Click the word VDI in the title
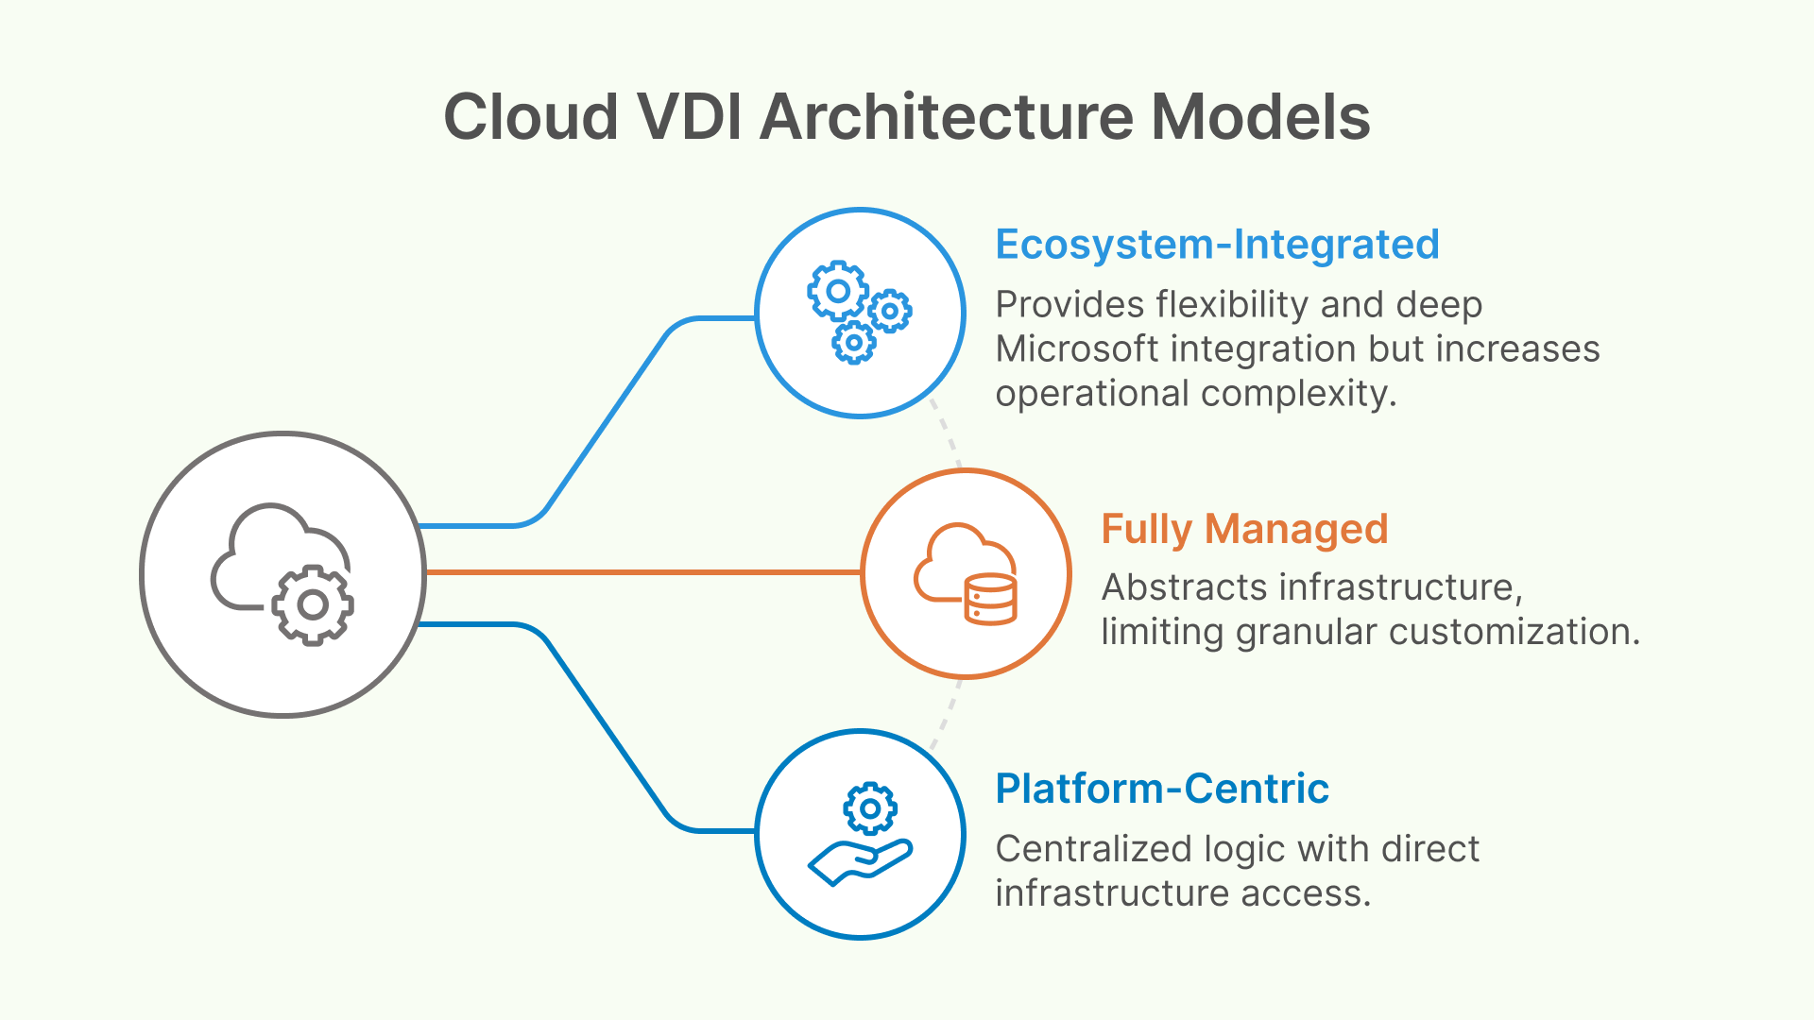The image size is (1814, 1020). tap(689, 117)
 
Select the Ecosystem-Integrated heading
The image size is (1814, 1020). tap(1217, 245)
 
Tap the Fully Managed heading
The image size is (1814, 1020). tap(1244, 529)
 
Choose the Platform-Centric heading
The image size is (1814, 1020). tap(1162, 789)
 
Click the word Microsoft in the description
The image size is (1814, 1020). tap(1077, 349)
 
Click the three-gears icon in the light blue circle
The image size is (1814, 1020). tap(859, 313)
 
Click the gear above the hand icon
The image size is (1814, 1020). tap(870, 808)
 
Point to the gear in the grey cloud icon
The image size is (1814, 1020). tap(313, 604)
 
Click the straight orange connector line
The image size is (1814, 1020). tap(642, 572)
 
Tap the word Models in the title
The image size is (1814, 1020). tap(1260, 117)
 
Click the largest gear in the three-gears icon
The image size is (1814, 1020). tap(838, 291)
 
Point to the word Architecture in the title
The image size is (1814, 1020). tap(946, 117)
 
